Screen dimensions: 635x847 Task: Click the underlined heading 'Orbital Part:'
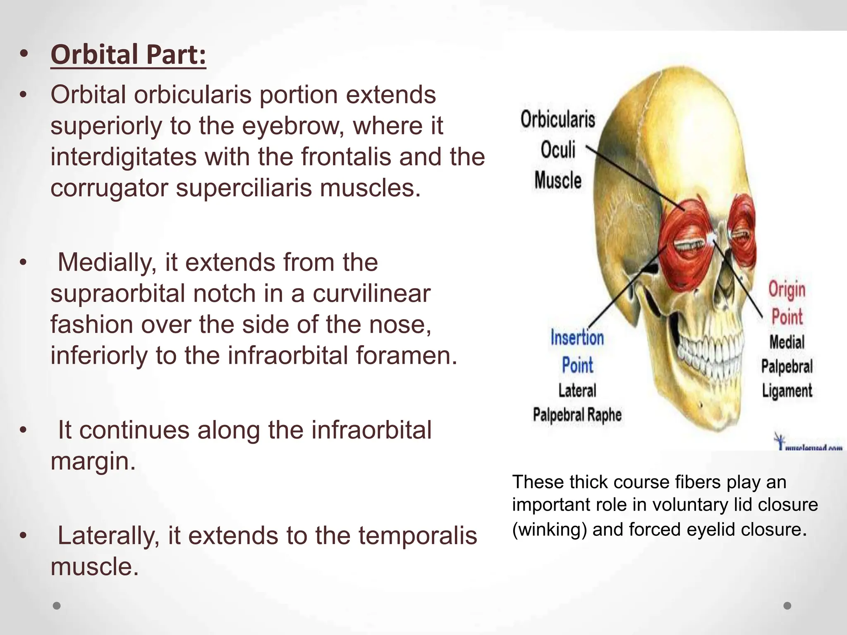coord(128,55)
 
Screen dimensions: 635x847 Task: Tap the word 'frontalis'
coord(346,157)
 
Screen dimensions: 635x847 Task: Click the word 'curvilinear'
coord(371,294)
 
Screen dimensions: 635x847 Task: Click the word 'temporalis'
coord(418,535)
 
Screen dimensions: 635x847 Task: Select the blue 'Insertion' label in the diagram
coord(577,338)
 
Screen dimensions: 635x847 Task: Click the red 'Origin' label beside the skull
coord(787,289)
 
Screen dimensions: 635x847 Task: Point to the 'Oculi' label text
coord(557,150)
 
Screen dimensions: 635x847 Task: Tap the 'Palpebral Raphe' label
coord(577,415)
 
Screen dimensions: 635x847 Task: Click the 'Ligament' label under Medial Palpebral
coord(787,391)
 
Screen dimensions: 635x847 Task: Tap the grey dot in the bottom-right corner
coord(787,606)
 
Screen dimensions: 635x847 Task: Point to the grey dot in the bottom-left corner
coord(57,606)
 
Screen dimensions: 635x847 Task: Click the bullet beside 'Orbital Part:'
coord(24,55)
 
